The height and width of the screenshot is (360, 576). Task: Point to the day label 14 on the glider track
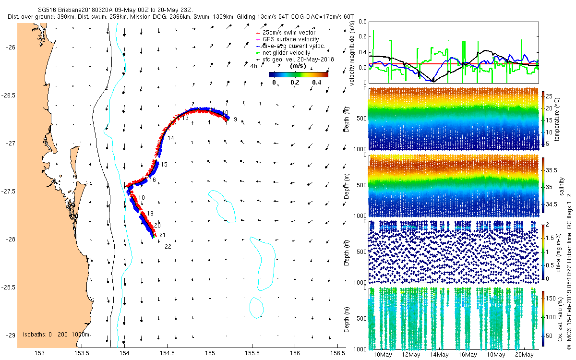(x=170, y=138)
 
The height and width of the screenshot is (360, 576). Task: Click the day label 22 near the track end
(x=168, y=247)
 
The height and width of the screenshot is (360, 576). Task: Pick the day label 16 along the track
(x=153, y=180)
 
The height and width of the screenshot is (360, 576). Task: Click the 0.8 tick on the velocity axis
(x=363, y=22)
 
